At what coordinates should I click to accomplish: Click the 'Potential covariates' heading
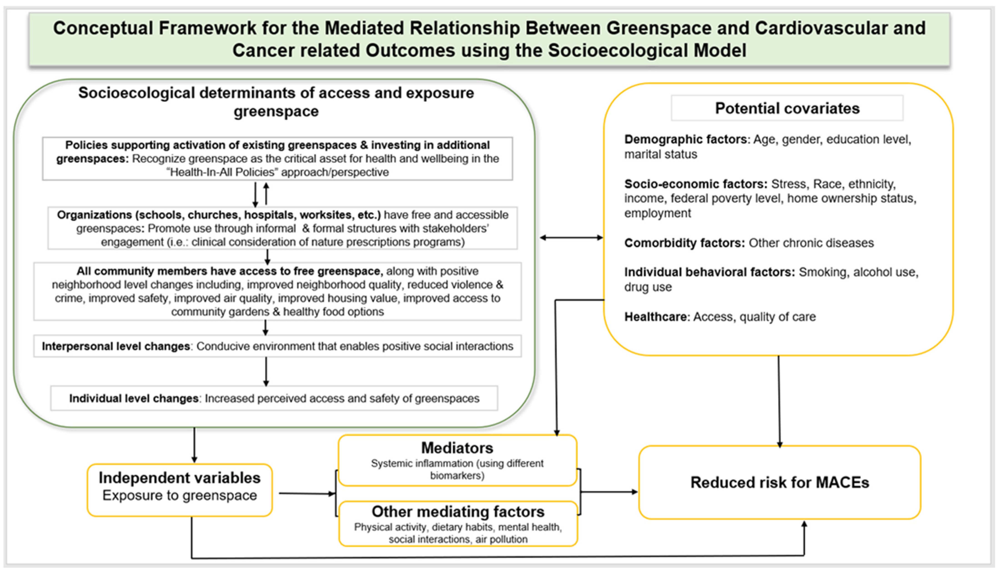787,108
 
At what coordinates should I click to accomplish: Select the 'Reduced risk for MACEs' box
780,482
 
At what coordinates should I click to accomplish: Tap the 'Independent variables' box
180,490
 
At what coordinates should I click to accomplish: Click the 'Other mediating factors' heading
458,512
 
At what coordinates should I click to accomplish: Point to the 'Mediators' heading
457,448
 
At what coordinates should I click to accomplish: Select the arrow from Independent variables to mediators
307,494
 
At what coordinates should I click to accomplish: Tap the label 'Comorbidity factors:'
684,243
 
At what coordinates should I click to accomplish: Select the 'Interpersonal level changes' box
278,346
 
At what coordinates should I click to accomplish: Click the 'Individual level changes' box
274,398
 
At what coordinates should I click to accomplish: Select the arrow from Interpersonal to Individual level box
266,371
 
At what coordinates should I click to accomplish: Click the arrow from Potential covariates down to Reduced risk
779,401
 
